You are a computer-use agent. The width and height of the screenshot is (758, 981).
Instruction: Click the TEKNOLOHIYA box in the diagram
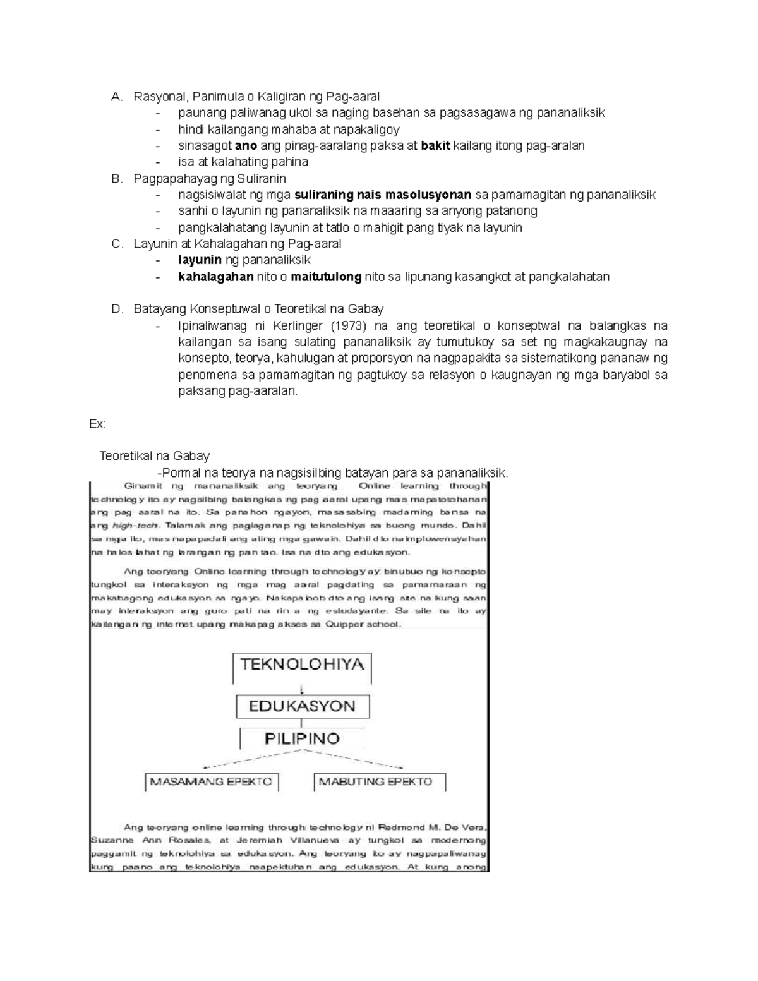pyautogui.click(x=302, y=665)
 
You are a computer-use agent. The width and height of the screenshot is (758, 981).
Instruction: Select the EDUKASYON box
pyautogui.click(x=302, y=706)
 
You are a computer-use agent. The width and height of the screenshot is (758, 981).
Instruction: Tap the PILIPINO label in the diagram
pyautogui.click(x=302, y=738)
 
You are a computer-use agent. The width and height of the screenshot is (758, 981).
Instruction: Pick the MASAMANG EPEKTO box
pyautogui.click(x=211, y=781)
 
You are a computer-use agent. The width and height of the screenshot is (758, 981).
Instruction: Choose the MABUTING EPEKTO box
pyautogui.click(x=375, y=781)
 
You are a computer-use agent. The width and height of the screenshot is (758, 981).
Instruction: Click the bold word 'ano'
pyautogui.click(x=246, y=145)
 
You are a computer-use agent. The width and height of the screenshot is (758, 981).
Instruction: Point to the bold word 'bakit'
pyautogui.click(x=435, y=145)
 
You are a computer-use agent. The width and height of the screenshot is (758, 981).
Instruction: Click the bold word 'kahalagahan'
pyautogui.click(x=216, y=277)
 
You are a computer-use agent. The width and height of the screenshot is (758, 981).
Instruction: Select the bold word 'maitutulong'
pyautogui.click(x=326, y=277)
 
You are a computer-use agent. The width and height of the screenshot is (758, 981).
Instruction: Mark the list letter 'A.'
pyautogui.click(x=116, y=97)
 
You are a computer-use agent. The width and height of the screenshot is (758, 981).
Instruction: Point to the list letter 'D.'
pyautogui.click(x=116, y=309)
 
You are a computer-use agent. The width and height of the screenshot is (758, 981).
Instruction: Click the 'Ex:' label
pyautogui.click(x=97, y=424)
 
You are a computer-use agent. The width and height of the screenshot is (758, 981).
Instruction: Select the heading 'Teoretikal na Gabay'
pyautogui.click(x=155, y=456)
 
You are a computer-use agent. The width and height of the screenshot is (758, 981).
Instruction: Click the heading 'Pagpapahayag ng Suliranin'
pyautogui.click(x=210, y=179)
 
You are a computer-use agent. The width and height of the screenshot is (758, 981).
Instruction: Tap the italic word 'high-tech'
pyautogui.click(x=135, y=526)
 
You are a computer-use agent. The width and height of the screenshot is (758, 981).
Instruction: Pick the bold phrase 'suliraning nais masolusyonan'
pyautogui.click(x=383, y=195)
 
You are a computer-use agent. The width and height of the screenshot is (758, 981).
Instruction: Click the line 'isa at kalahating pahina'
pyautogui.click(x=243, y=162)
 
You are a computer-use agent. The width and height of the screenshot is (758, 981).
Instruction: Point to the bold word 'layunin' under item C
pyautogui.click(x=200, y=260)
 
